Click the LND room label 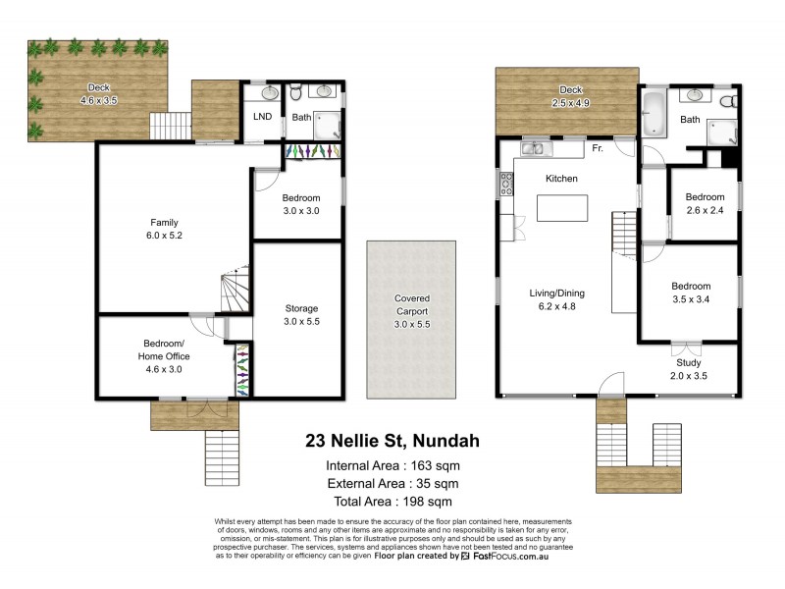coord(263,117)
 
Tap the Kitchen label coord(561,179)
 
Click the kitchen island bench coord(561,208)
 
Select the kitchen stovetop coord(507,184)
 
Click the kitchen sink coord(535,149)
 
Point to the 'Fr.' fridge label coord(597,149)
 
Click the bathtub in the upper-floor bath coord(654,116)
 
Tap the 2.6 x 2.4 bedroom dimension coord(705,210)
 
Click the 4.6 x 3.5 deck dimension coord(98,100)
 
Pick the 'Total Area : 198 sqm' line coord(392,502)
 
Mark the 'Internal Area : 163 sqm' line coord(392,465)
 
